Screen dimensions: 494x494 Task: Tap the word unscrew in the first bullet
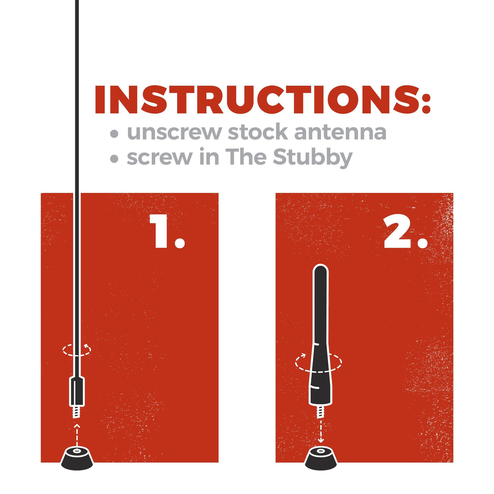coord(174,132)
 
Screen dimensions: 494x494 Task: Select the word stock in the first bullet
coord(258,132)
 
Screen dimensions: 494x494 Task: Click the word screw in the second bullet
coord(159,158)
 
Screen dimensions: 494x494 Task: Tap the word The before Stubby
coord(246,157)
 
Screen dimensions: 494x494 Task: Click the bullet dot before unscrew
coord(114,133)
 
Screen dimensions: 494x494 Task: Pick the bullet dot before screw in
coord(114,159)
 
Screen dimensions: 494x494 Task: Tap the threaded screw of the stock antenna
coord(77,412)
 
